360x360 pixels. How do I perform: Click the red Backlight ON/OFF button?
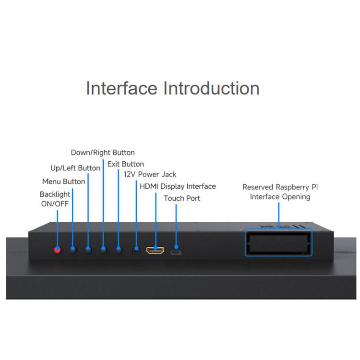coord(58,250)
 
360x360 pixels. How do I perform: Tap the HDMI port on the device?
coord(155,250)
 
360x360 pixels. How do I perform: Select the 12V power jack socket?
coord(136,251)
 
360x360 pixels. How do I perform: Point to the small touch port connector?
coord(176,252)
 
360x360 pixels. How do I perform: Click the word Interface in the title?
coord(121,88)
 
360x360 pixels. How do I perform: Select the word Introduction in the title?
coord(211,88)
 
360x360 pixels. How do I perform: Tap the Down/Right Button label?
coord(103,153)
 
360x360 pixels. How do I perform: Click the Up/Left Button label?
coord(75,168)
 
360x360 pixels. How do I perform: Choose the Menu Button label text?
coord(63,181)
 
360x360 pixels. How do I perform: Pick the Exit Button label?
coord(126,164)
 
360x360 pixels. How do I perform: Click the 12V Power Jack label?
coord(150,175)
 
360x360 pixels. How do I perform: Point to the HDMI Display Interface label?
coord(178,186)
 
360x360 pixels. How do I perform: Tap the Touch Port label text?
coord(182,198)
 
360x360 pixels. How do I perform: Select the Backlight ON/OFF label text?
coord(55,199)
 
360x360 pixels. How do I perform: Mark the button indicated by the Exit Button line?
coord(119,250)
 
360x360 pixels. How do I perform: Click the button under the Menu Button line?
coord(73,250)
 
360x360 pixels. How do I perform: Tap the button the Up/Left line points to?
coord(88,250)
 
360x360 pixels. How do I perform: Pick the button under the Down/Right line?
coord(103,250)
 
